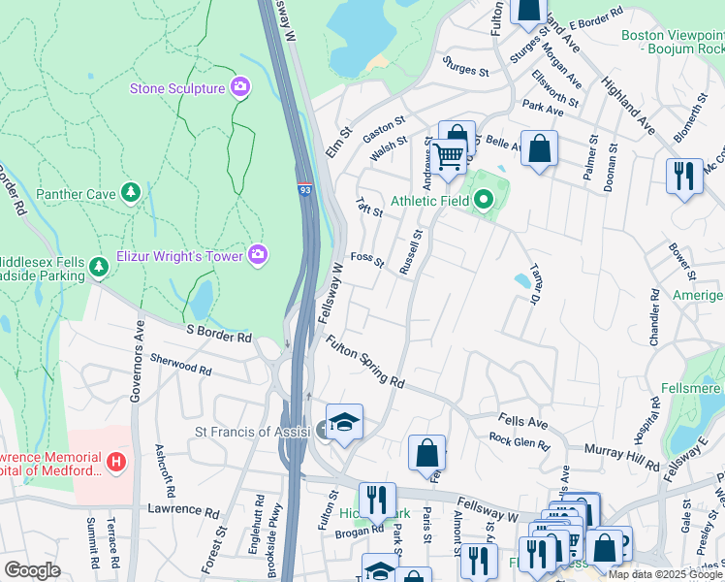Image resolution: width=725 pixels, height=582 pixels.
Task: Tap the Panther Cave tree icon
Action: [130, 193]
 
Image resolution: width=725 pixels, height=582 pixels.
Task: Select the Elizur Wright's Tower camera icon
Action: [258, 255]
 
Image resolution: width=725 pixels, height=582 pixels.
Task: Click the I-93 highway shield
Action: [304, 179]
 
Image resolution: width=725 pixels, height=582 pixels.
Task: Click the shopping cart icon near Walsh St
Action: [449, 154]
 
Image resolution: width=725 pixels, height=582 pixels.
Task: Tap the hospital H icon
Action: [117, 460]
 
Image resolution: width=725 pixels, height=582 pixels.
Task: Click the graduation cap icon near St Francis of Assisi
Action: [344, 422]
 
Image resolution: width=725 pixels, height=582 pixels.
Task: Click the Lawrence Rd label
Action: [184, 508]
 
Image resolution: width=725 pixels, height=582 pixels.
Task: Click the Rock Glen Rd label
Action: [520, 441]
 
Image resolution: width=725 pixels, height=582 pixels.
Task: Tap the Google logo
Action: [32, 570]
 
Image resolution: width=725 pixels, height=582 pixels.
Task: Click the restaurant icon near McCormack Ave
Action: [684, 175]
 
